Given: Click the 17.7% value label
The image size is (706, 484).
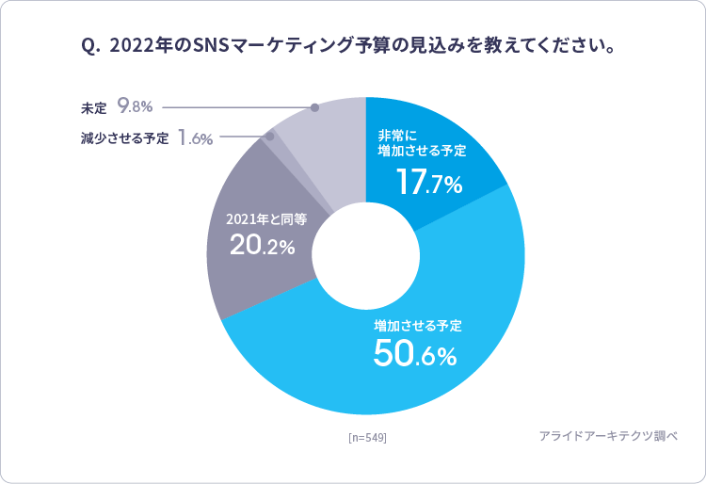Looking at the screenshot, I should click(x=428, y=183).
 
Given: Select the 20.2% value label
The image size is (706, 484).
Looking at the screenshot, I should click(x=263, y=247).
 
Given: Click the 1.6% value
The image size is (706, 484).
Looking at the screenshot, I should click(x=195, y=138).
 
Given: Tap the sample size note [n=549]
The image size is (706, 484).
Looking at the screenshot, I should click(x=367, y=438).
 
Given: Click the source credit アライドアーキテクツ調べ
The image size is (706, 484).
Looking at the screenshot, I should click(x=608, y=436).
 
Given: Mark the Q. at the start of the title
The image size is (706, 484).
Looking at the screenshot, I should click(x=91, y=45).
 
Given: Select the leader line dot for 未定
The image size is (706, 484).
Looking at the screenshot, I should click(x=314, y=108).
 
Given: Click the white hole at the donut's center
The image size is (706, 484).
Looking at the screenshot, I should click(x=365, y=256).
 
